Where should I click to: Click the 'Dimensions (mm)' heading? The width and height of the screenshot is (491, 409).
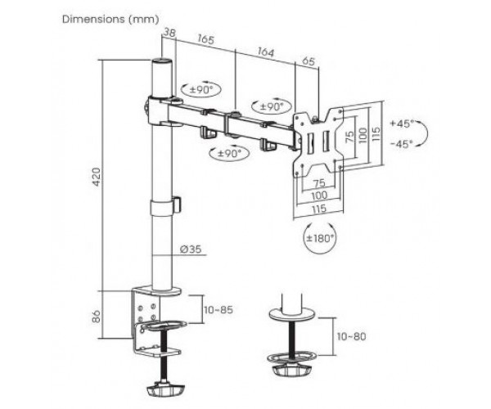tap(110, 19)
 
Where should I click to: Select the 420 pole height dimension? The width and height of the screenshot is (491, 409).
tap(97, 178)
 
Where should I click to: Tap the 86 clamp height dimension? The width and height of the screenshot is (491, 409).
tap(97, 317)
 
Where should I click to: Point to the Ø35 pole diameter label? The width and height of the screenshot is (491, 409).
tap(191, 249)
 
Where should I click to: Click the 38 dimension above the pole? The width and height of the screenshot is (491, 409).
tap(169, 33)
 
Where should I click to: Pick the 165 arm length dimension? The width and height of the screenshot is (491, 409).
tap(205, 39)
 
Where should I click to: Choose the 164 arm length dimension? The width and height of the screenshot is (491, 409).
tap(265, 52)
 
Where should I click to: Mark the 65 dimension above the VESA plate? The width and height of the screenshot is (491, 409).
tap(308, 61)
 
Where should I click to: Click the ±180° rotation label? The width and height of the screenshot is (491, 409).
tap(319, 239)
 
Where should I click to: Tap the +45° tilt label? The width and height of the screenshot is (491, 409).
tap(402, 124)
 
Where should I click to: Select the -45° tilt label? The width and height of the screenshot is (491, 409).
tap(402, 144)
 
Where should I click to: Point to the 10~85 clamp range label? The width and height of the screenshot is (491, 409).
tap(218, 310)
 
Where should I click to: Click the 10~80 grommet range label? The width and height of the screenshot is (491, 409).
tap(352, 336)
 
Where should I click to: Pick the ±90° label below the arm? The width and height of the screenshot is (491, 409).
tap(230, 153)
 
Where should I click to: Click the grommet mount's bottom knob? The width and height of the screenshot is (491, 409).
tap(291, 371)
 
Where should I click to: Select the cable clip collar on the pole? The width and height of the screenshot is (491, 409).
tap(165, 206)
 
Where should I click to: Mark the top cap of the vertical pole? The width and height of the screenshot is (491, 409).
tap(162, 61)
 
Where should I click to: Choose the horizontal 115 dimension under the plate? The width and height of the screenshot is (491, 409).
tap(319, 209)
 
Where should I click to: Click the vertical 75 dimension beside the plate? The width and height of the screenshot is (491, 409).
tap(349, 137)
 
